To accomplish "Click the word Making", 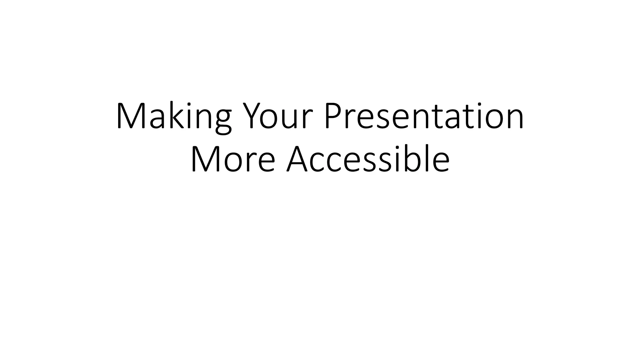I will [x=174, y=116].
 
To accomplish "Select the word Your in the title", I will [x=278, y=116].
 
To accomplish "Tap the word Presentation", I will [x=424, y=116].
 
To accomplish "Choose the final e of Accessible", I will [x=441, y=163].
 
